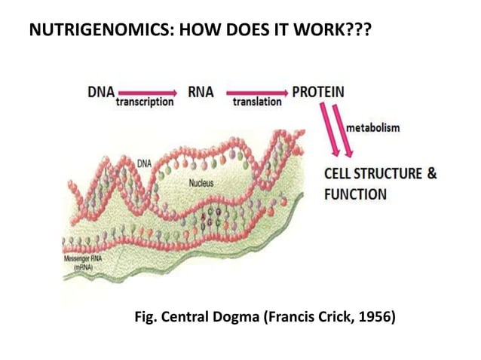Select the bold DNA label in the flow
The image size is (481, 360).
(x=100, y=92)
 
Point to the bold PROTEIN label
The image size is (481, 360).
(x=318, y=92)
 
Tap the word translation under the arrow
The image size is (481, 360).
(x=257, y=102)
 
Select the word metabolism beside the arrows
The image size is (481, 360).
(x=373, y=128)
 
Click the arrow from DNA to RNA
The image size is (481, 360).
(x=145, y=93)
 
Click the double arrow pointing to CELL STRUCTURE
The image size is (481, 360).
(x=334, y=131)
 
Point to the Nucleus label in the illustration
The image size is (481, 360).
(x=199, y=183)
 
